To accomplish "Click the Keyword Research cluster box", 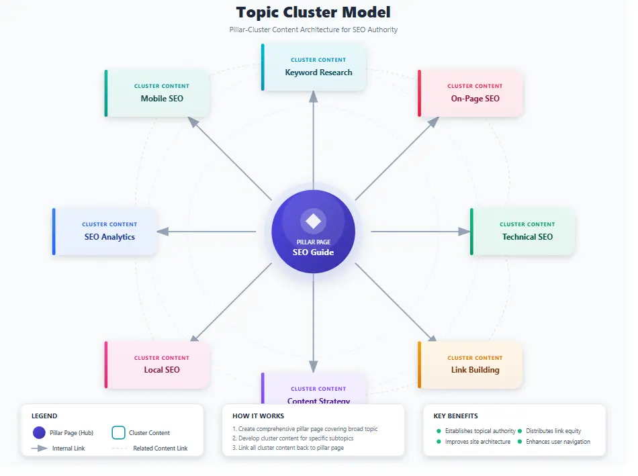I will (x=314, y=66).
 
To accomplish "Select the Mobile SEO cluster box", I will (x=158, y=93).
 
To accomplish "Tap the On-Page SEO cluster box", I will (x=471, y=93).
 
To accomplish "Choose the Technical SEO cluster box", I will (x=523, y=231).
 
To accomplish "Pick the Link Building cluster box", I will (x=471, y=364).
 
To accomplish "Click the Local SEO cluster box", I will (x=158, y=364).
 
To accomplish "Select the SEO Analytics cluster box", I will (x=105, y=231).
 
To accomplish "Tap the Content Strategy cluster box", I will (x=314, y=392).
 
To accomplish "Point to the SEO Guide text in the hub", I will (x=313, y=252).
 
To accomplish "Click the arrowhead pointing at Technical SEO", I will (x=464, y=232).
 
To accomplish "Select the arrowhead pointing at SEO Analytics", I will (x=163, y=232).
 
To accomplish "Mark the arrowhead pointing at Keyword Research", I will (x=313, y=97).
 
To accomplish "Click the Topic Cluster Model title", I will (x=313, y=12).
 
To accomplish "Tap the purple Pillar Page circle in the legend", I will (x=39, y=433).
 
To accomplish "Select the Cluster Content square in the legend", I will (x=118, y=433).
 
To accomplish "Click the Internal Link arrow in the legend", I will (x=39, y=448).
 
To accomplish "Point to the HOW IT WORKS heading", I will (x=258, y=416).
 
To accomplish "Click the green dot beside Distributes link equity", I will (x=520, y=431).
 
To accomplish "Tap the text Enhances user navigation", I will (x=558, y=442).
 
